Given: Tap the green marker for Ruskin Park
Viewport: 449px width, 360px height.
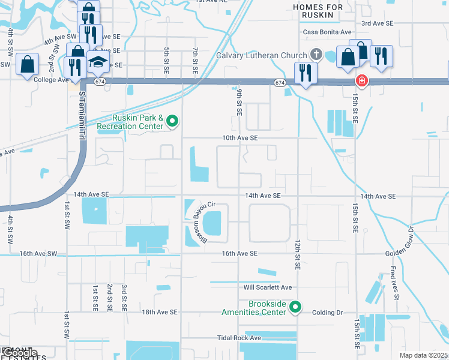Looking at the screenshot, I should [173, 122].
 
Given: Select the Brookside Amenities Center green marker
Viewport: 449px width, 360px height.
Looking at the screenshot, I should [295, 308].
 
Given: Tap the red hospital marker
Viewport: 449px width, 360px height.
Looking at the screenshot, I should [361, 80].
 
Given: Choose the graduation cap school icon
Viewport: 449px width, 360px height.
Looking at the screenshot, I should [98, 62].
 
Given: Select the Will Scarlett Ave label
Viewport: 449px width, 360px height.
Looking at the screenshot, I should [267, 287].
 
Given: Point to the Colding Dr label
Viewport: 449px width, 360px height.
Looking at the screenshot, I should [327, 313].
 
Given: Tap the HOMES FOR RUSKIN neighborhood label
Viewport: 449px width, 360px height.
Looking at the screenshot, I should [318, 11].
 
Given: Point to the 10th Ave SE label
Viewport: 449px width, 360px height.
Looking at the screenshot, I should [240, 137].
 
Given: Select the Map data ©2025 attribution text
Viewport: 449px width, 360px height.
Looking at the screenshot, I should [423, 356].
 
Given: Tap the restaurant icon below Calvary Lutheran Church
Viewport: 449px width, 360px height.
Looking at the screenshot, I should [306, 73].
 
